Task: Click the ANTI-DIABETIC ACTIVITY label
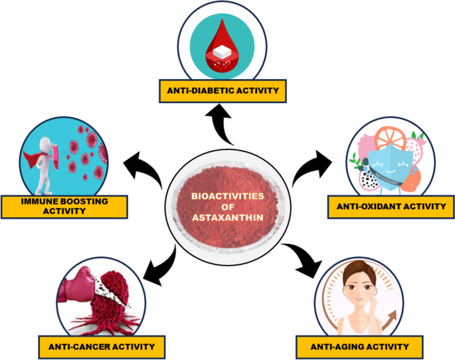[222, 90]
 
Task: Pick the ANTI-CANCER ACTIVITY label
[102, 346]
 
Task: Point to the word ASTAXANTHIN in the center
[227, 217]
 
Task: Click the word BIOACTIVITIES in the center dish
[227, 196]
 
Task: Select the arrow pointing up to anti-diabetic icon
[222, 126]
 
